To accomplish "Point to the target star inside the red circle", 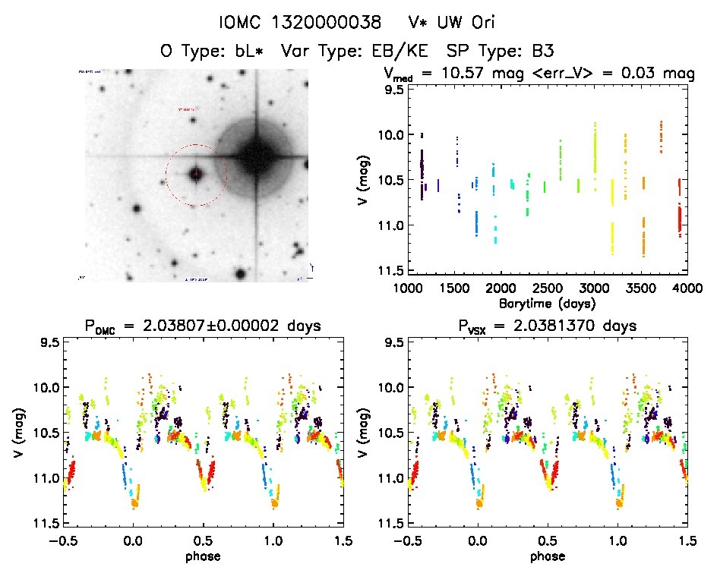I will click(x=196, y=175).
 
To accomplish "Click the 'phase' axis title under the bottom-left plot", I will click(x=203, y=556).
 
